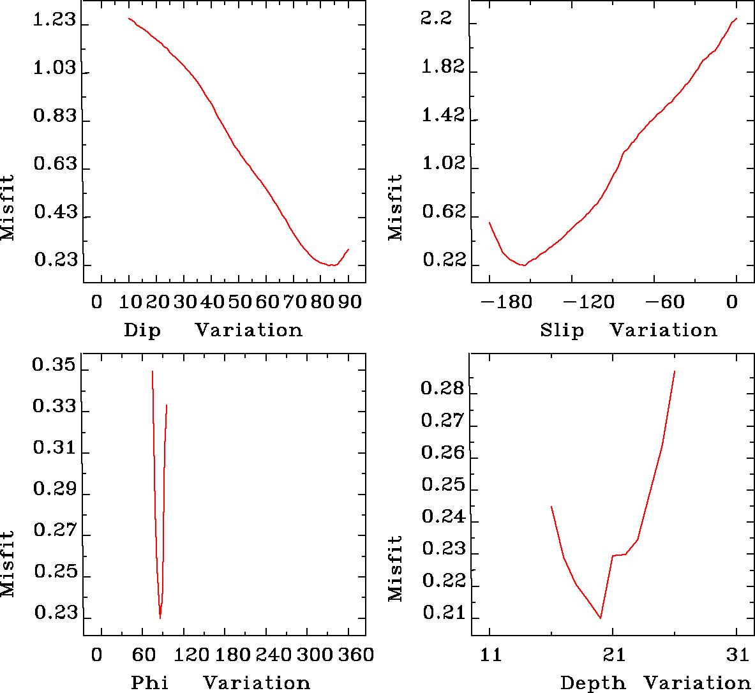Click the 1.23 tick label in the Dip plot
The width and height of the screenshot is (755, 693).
[54, 21]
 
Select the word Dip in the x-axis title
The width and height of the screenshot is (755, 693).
[142, 331]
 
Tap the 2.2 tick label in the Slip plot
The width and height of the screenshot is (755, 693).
[437, 19]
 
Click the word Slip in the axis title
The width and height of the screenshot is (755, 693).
[562, 331]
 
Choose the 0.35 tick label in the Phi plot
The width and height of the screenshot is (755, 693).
[54, 367]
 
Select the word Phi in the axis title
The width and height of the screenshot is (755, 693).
[150, 683]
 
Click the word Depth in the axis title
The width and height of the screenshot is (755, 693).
[593, 683]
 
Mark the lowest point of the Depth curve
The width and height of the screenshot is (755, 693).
[600, 618]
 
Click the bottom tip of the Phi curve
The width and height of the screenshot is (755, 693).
[160, 617]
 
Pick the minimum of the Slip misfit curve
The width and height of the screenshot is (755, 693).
[524, 265]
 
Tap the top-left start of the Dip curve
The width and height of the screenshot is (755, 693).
[128, 19]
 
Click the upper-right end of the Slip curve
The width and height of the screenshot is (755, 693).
[736, 19]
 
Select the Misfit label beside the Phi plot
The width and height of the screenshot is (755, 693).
[8, 563]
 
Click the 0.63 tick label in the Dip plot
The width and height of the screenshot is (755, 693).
[54, 165]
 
